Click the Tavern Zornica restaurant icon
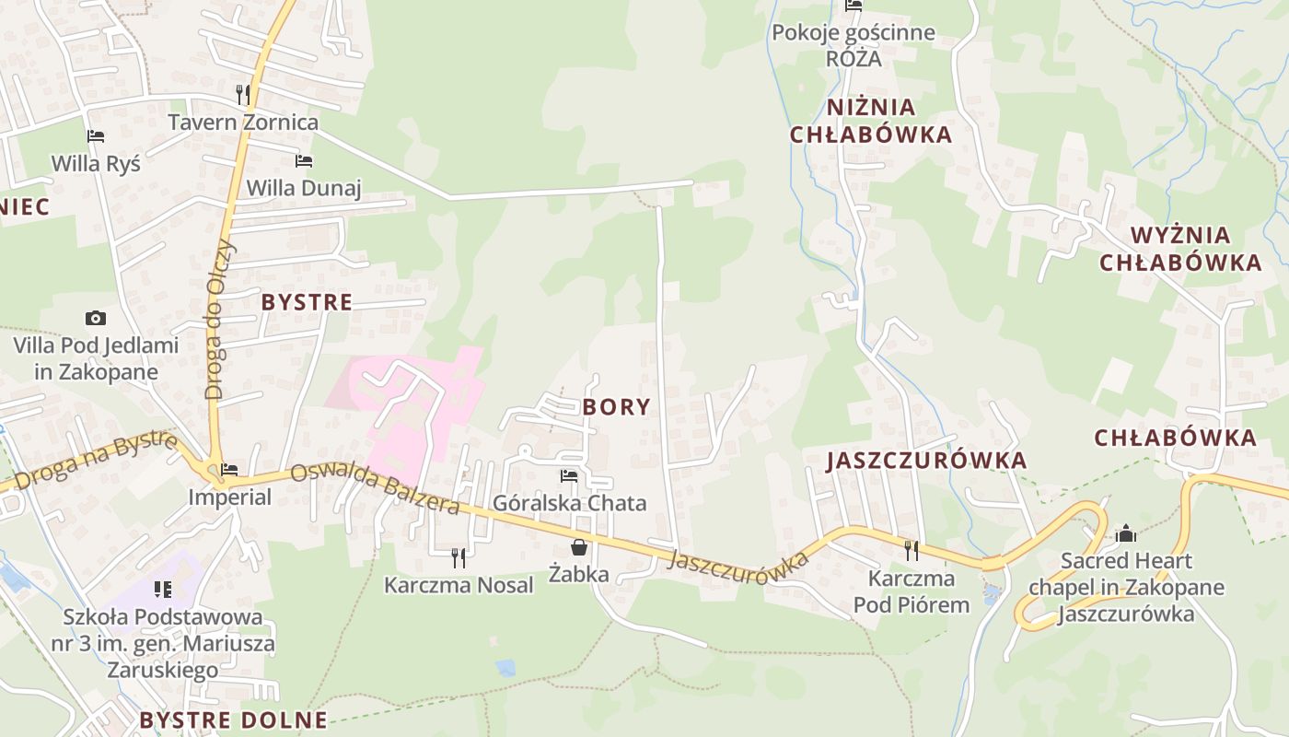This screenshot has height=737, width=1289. click(x=243, y=94)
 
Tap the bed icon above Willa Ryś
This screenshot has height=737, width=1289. click(x=96, y=136)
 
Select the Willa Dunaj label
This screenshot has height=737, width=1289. click(x=304, y=188)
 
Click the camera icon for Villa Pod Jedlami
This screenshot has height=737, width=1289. click(x=96, y=319)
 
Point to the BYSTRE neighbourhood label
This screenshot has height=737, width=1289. click(x=307, y=302)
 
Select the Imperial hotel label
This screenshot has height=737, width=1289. click(x=230, y=497)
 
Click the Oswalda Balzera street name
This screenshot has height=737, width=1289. click(x=375, y=488)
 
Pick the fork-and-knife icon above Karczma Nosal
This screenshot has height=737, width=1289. click(x=459, y=557)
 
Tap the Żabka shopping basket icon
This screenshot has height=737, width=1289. click(x=579, y=548)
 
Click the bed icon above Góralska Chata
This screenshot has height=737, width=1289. click(x=569, y=476)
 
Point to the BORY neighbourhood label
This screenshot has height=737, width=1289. click(x=616, y=407)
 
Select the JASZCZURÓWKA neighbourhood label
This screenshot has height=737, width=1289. click(x=926, y=461)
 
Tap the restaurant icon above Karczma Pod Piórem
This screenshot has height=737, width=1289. click(x=912, y=551)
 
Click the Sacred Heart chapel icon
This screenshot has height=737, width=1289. click(x=1125, y=533)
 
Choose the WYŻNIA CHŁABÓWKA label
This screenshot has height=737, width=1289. click(x=1180, y=249)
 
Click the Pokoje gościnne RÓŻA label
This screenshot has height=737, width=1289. click(x=854, y=46)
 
